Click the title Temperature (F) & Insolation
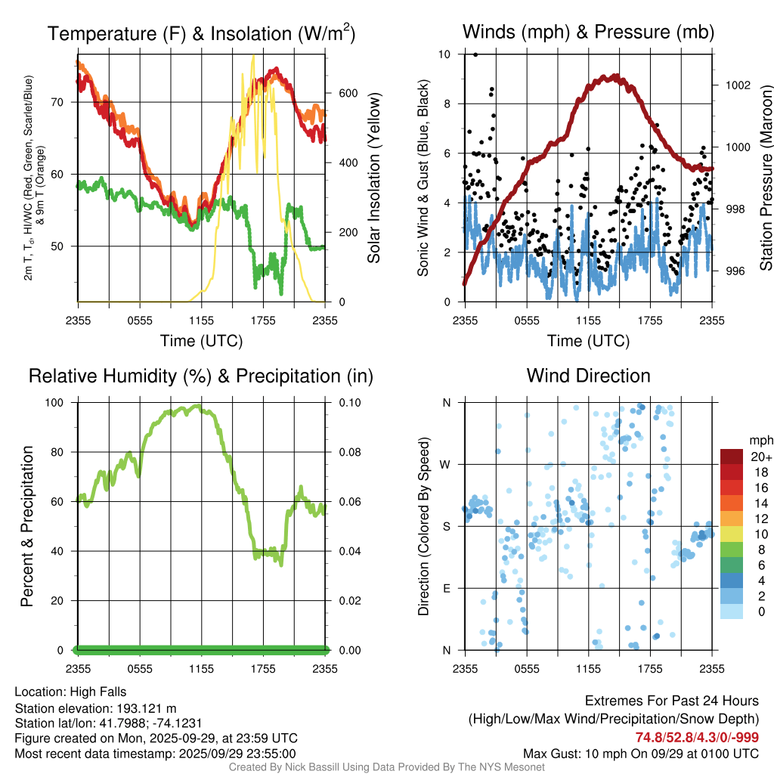point(201,34)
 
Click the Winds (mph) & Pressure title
point(588,33)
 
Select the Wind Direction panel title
point(588,376)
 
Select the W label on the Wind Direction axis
point(447,464)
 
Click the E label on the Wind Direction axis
point(447,588)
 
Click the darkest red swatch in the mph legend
point(732,457)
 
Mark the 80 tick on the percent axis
point(62,452)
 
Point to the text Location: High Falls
point(70,692)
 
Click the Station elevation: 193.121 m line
point(95,708)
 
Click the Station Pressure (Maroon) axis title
point(765,178)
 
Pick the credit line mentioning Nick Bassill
point(386,767)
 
